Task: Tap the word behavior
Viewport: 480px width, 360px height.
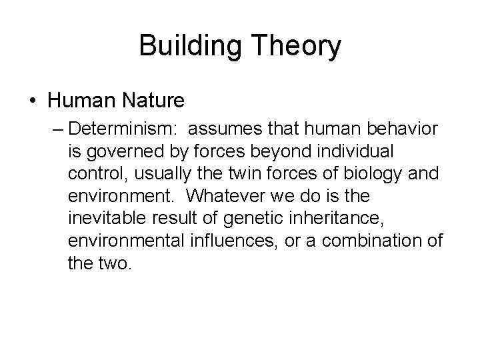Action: pyautogui.click(x=395, y=128)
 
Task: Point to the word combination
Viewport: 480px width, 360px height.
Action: pyautogui.click(x=377, y=241)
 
